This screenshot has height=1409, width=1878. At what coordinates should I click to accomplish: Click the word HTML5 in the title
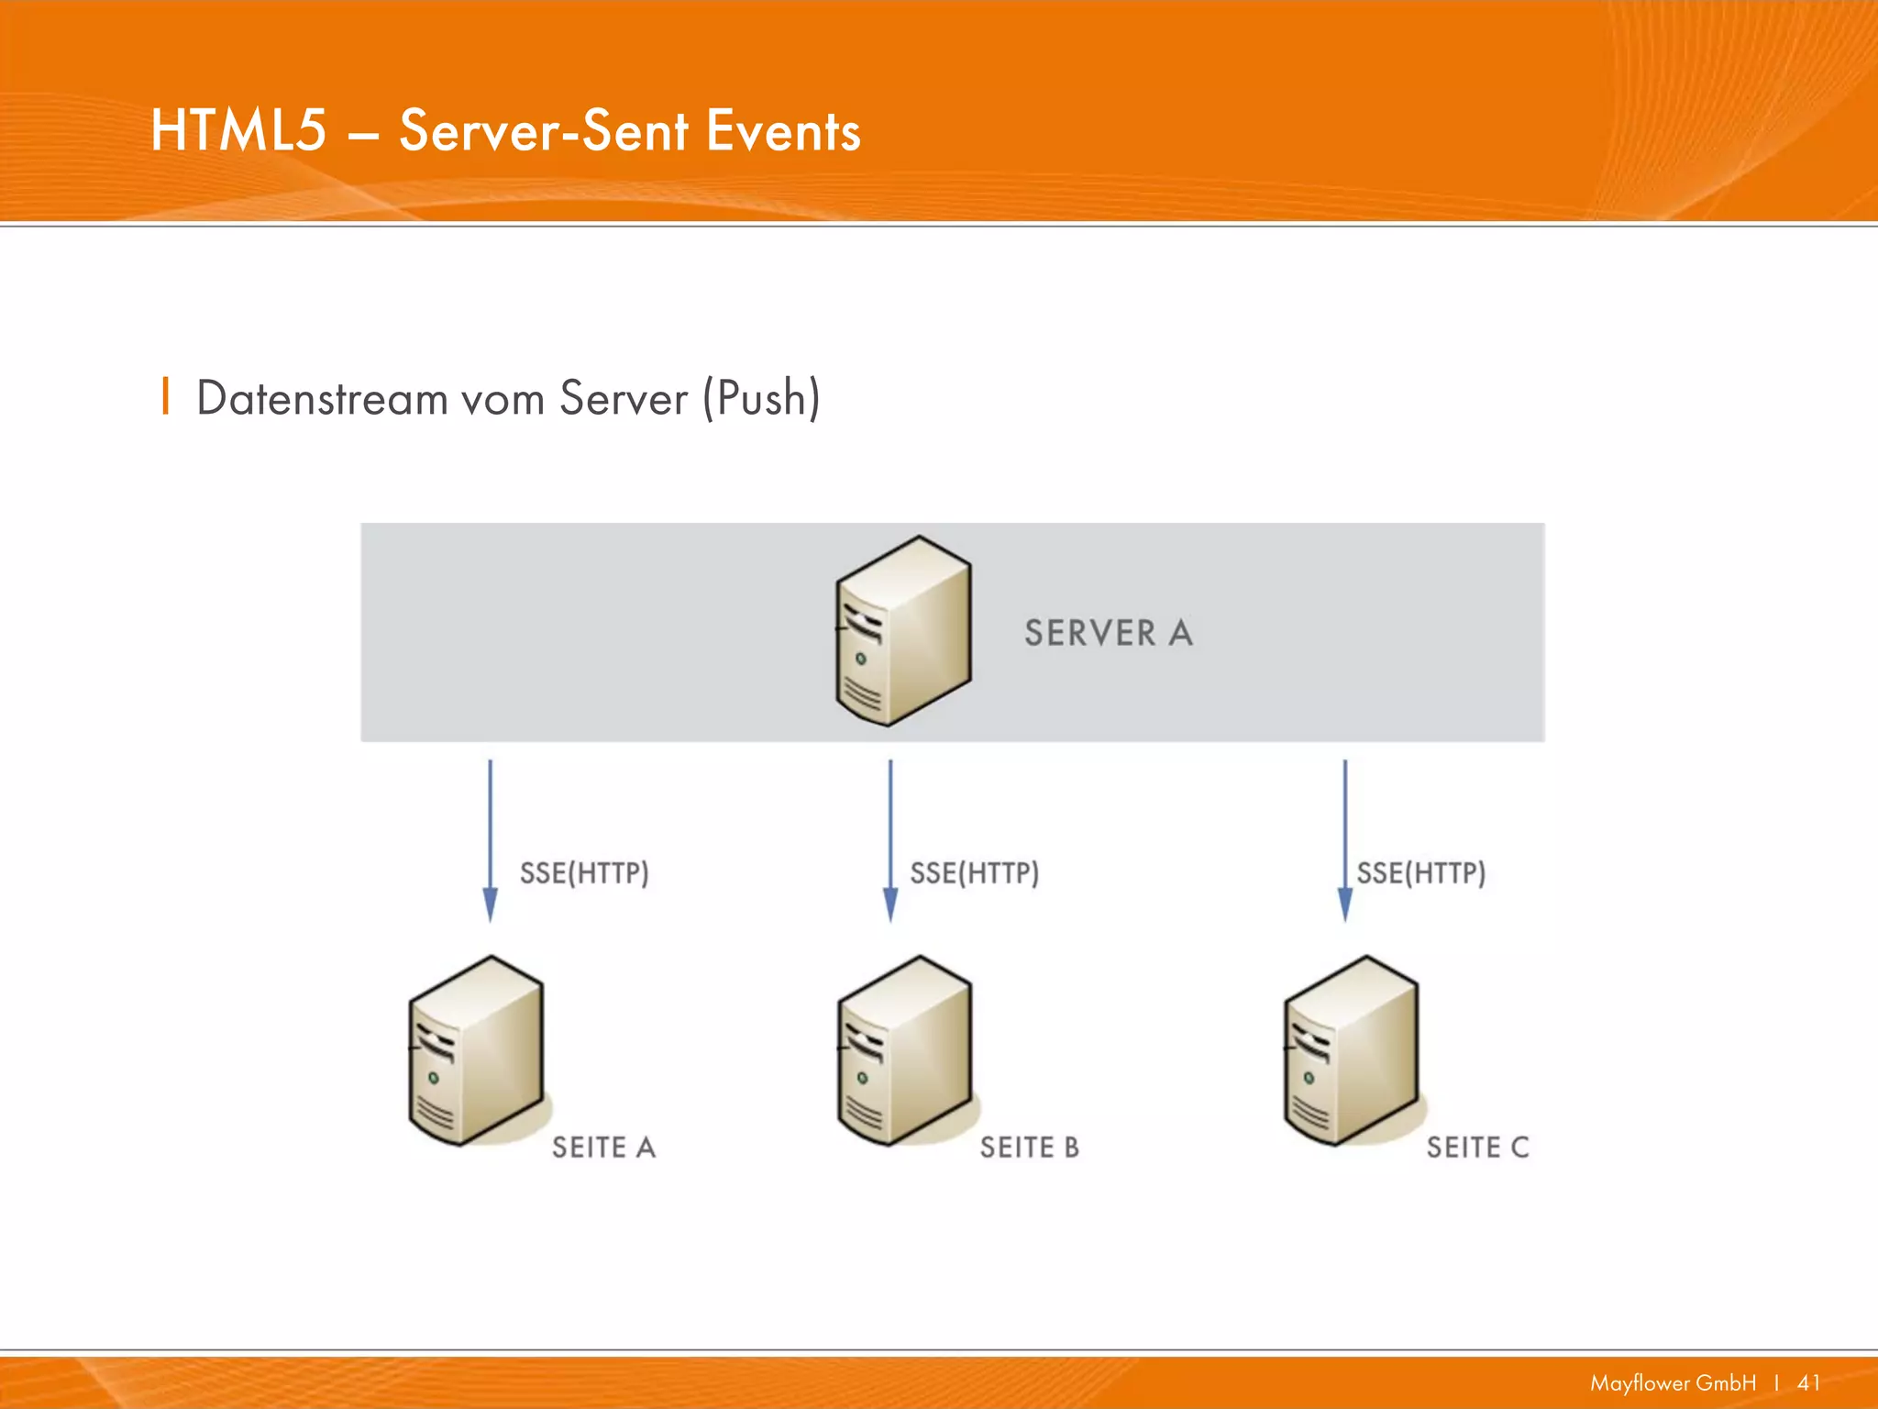(238, 130)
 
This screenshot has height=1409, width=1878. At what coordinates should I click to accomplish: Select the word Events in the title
(783, 130)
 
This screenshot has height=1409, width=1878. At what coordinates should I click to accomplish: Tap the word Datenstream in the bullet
(321, 399)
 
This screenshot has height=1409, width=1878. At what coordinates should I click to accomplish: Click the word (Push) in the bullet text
(761, 399)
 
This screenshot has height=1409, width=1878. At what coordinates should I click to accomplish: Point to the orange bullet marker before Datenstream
(165, 396)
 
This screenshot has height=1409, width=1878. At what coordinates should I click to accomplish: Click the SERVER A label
(1108, 633)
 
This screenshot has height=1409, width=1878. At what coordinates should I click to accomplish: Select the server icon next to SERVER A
(903, 631)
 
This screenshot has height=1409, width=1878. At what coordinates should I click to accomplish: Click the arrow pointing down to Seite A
(490, 839)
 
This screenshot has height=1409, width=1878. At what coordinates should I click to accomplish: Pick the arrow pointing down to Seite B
(889, 839)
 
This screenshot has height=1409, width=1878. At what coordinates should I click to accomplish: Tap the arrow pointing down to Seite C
(1344, 839)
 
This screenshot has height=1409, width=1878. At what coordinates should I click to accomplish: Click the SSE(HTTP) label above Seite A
(584, 872)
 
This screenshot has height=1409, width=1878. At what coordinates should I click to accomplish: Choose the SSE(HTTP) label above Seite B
(974, 872)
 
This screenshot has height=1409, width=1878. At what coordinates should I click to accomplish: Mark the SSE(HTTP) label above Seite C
(1420, 872)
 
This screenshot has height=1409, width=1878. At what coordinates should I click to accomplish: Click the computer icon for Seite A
(476, 1050)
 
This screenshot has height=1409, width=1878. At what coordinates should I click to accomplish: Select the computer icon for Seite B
(904, 1050)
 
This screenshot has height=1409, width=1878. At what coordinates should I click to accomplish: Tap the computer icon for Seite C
(1351, 1050)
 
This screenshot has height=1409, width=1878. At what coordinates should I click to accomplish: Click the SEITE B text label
(1029, 1148)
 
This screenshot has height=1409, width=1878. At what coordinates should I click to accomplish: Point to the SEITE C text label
(1477, 1148)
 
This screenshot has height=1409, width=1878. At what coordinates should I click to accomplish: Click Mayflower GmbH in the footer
(1673, 1383)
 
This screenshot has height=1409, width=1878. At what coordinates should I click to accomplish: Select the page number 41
(1808, 1383)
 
